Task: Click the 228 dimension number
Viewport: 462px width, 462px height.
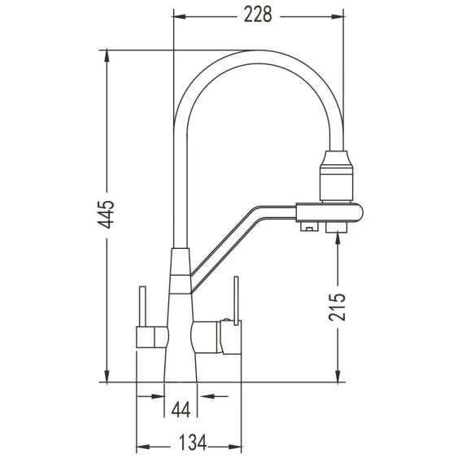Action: tap(258, 15)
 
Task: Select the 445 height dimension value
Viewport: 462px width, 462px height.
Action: tap(105, 215)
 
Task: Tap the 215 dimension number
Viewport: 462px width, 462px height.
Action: tap(337, 307)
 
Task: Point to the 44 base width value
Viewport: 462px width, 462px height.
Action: tap(181, 409)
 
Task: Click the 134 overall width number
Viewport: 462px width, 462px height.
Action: tap(193, 442)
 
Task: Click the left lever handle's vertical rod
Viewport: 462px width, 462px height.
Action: tap(142, 306)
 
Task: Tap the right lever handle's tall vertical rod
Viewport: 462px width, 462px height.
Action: tap(236, 300)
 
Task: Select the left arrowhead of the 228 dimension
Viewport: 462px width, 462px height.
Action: tap(179, 16)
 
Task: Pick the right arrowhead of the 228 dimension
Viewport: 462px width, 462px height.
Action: tap(338, 16)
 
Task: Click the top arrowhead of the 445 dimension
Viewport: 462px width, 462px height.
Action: tap(107, 56)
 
